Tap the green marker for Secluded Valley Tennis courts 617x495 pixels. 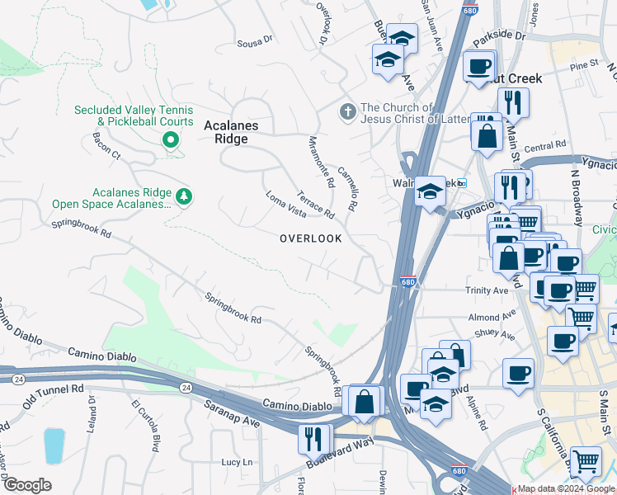tap(171, 140)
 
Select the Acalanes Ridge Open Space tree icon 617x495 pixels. tap(186, 196)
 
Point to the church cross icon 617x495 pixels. tap(349, 111)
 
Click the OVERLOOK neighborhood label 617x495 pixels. tap(310, 238)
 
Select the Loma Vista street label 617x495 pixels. tap(285, 209)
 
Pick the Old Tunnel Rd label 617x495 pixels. tap(54, 388)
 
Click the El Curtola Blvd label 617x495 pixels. tap(144, 426)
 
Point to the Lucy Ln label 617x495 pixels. tap(237, 462)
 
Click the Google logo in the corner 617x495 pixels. tap(27, 485)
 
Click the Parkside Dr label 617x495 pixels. tap(498, 36)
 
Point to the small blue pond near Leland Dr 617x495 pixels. tap(54, 445)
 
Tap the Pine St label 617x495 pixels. tap(582, 64)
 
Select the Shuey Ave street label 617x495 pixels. tap(494, 336)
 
